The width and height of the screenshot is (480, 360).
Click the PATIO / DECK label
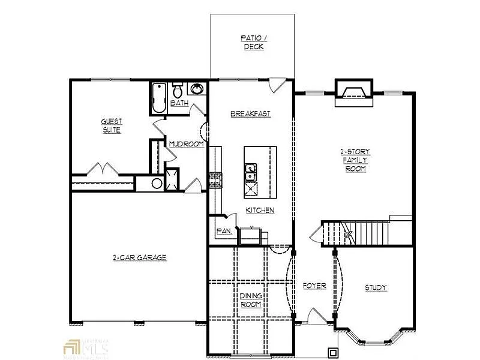(253, 42)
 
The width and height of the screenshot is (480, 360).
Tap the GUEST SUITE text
(112, 126)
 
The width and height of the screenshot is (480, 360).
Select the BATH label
(179, 103)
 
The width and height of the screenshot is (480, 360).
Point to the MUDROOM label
(186, 145)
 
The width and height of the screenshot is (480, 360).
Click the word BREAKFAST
(251, 114)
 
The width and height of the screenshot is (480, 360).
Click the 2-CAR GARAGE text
(139, 257)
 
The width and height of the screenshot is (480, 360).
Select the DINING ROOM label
(250, 300)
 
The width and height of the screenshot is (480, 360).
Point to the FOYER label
(314, 286)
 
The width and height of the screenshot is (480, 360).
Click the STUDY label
(376, 288)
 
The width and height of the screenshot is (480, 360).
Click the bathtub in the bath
(158, 97)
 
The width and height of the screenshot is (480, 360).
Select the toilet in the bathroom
(178, 92)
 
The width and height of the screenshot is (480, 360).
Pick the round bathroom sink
(197, 90)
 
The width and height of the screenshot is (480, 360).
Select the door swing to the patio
(277, 86)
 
